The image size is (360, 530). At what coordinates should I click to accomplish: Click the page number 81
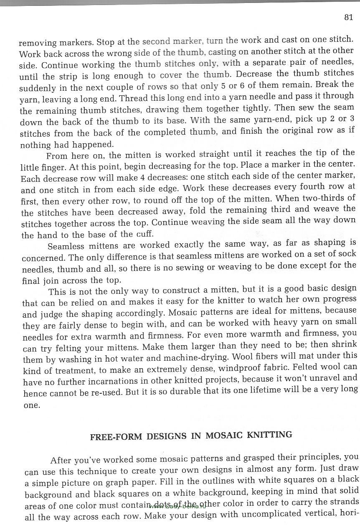pos(349,17)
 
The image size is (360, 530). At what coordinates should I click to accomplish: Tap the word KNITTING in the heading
pos(270,435)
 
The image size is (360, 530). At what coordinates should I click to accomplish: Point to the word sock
pos(347,254)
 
